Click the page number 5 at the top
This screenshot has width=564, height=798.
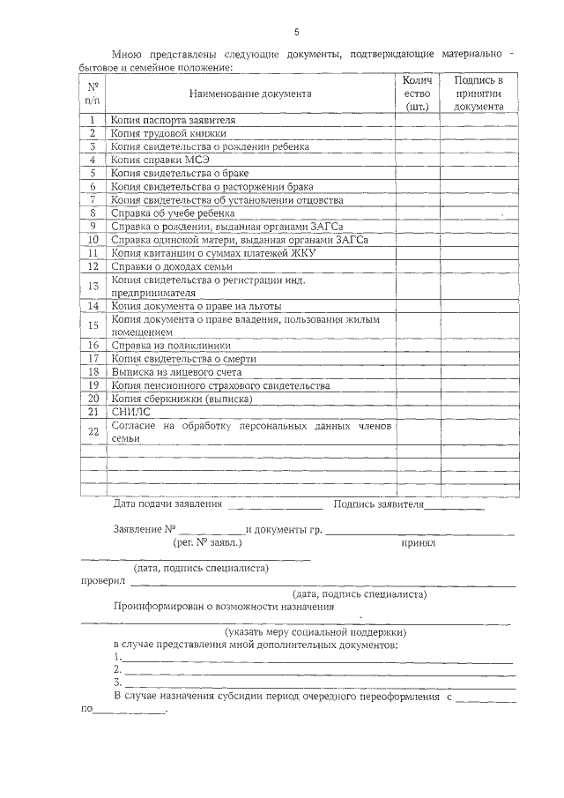click(x=296, y=33)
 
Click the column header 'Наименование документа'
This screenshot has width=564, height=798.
click(x=249, y=93)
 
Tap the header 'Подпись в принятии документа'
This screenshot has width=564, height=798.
click(x=479, y=93)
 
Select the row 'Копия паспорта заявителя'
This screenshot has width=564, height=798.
click(x=173, y=120)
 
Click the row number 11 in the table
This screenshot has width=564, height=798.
click(x=93, y=252)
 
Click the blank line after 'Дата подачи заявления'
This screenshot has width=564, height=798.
click(x=275, y=507)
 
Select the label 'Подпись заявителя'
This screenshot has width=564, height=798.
click(x=379, y=505)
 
